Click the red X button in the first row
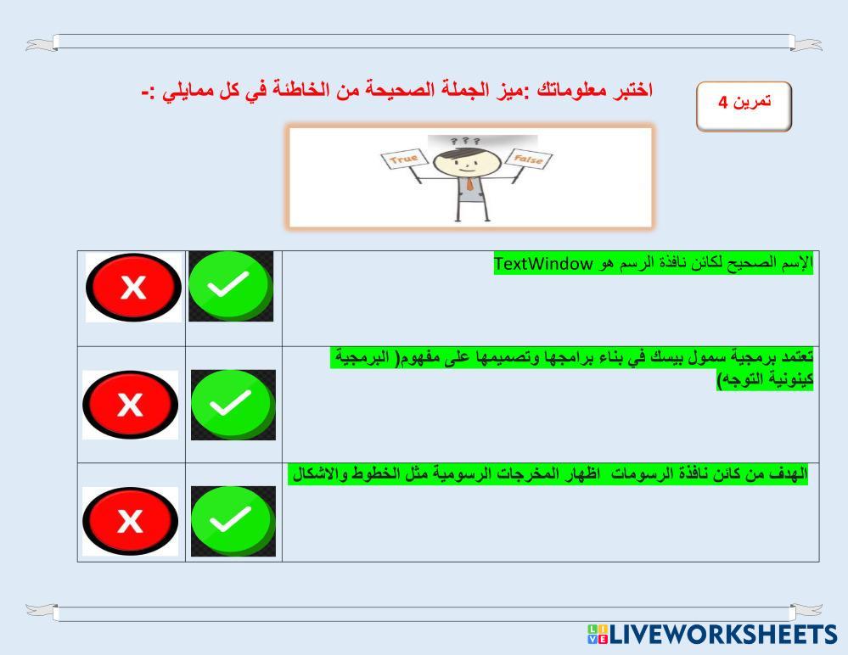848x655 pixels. tap(133, 287)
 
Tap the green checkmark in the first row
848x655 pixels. tap(230, 286)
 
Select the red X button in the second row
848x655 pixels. tap(131, 404)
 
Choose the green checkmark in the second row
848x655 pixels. tap(233, 404)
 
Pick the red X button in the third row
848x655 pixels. tap(131, 521)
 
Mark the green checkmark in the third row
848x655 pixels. tap(233, 521)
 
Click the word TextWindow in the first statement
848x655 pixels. tap(543, 264)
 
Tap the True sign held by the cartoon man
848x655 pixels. tap(404, 159)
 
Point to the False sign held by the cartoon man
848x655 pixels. tap(528, 159)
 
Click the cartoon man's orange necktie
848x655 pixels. tap(470, 184)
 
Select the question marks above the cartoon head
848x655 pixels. tap(464, 141)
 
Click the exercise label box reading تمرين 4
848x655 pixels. tap(744, 106)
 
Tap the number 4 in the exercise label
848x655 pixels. tap(723, 102)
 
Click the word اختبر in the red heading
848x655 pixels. tap(634, 90)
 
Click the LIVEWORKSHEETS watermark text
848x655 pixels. tap(724, 634)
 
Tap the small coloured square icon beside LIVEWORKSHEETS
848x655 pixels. tap(598, 634)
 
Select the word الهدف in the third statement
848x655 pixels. tap(789, 474)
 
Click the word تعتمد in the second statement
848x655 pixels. tap(798, 356)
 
